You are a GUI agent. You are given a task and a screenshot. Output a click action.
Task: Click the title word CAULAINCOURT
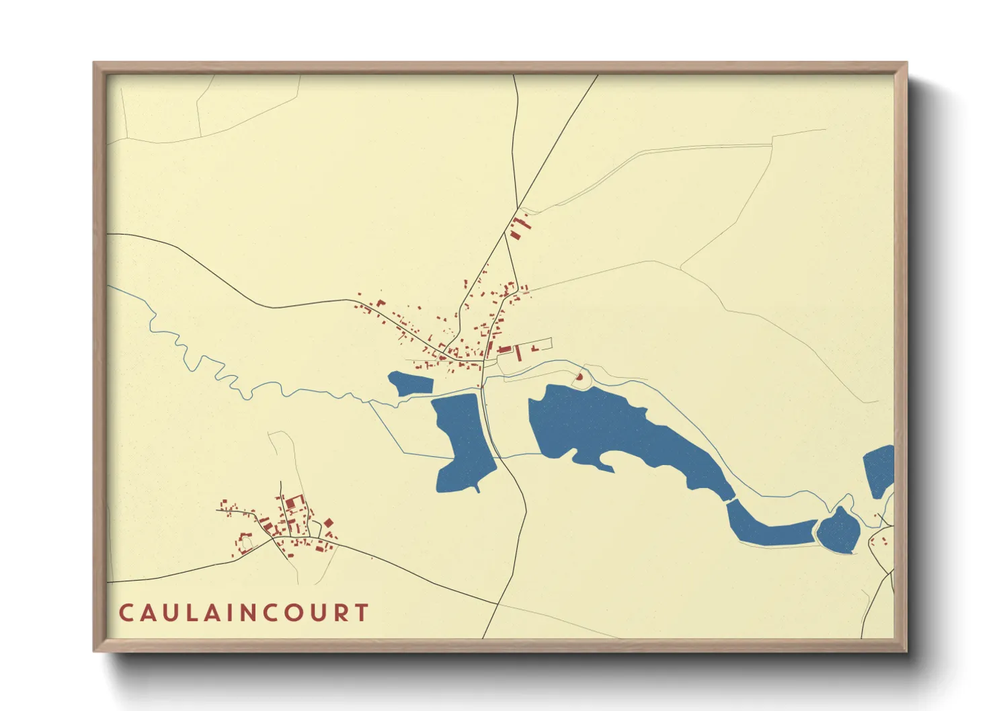tap(243, 613)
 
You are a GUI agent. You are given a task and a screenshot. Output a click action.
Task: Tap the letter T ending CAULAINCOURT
tap(362, 613)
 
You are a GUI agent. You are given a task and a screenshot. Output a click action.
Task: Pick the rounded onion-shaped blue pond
tap(838, 530)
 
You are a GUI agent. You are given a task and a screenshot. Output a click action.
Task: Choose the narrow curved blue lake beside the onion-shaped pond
tap(766, 528)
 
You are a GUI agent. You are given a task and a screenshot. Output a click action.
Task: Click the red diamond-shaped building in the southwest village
tap(329, 522)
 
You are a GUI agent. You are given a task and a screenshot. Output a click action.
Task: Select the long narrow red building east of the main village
tap(518, 353)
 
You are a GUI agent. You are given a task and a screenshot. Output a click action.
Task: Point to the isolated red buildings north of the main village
tap(518, 226)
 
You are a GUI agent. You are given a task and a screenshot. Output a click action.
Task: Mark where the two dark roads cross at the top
tap(518, 206)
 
